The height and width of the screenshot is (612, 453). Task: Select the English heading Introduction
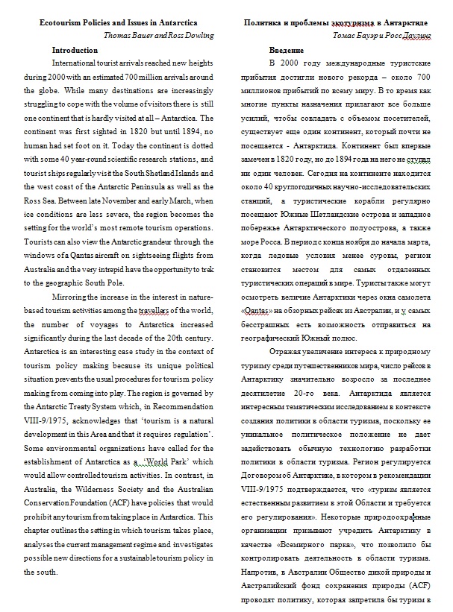pos(75,50)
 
